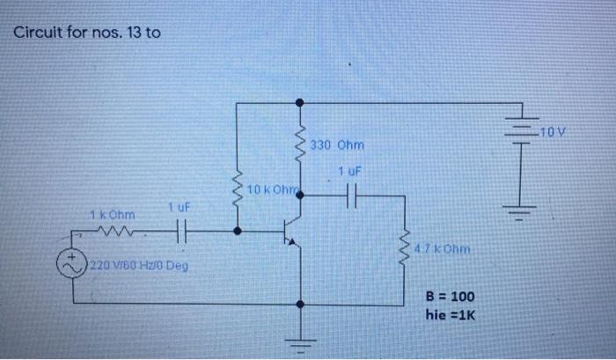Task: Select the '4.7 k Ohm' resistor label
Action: coord(444,249)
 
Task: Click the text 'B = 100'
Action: coord(451,297)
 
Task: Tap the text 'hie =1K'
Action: coord(450,314)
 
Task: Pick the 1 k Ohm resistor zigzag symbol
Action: coord(116,232)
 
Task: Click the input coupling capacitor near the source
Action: coord(180,232)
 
